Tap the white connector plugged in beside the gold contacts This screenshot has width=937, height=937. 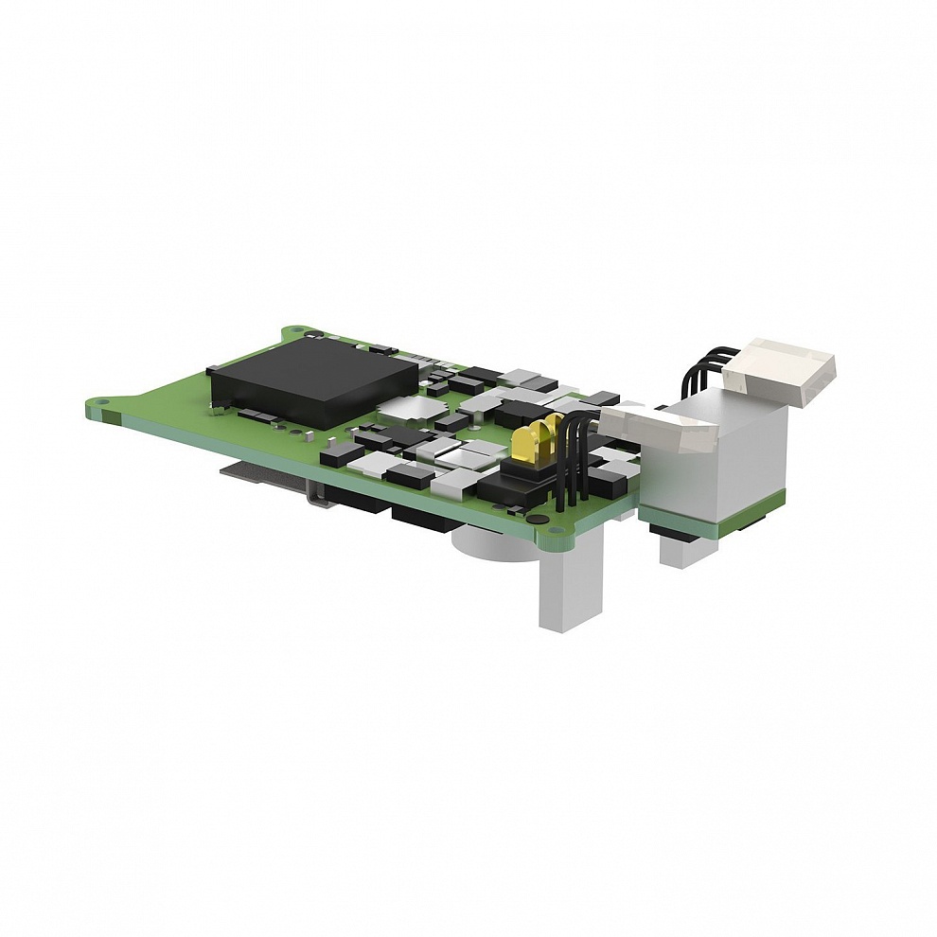point(656,431)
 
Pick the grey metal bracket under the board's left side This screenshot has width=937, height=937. point(274,479)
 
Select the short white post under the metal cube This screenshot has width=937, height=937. point(681,550)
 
